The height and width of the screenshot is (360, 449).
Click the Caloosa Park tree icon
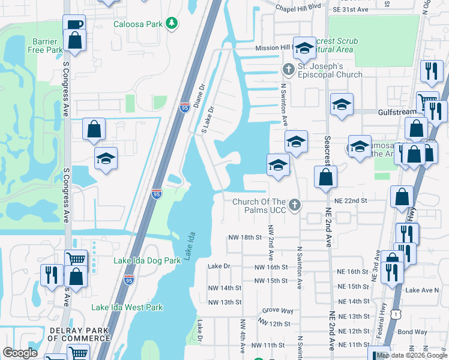[172, 23]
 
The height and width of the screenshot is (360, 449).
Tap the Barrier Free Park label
[44, 46]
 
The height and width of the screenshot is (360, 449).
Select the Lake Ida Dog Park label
[147, 261]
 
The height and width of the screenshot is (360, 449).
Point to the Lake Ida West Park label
[127, 307]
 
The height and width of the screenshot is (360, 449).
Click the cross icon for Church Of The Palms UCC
[294, 205]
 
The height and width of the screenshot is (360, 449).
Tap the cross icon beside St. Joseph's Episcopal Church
[288, 70]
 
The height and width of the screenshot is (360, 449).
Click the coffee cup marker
[74, 25]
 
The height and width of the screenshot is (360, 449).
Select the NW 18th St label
[246, 238]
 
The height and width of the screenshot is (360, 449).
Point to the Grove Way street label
[277, 311]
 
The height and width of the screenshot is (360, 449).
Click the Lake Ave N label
[422, 290]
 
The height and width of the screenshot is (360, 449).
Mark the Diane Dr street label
[199, 95]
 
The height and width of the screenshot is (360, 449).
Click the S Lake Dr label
[207, 120]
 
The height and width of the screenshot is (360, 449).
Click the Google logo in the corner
[20, 353]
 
